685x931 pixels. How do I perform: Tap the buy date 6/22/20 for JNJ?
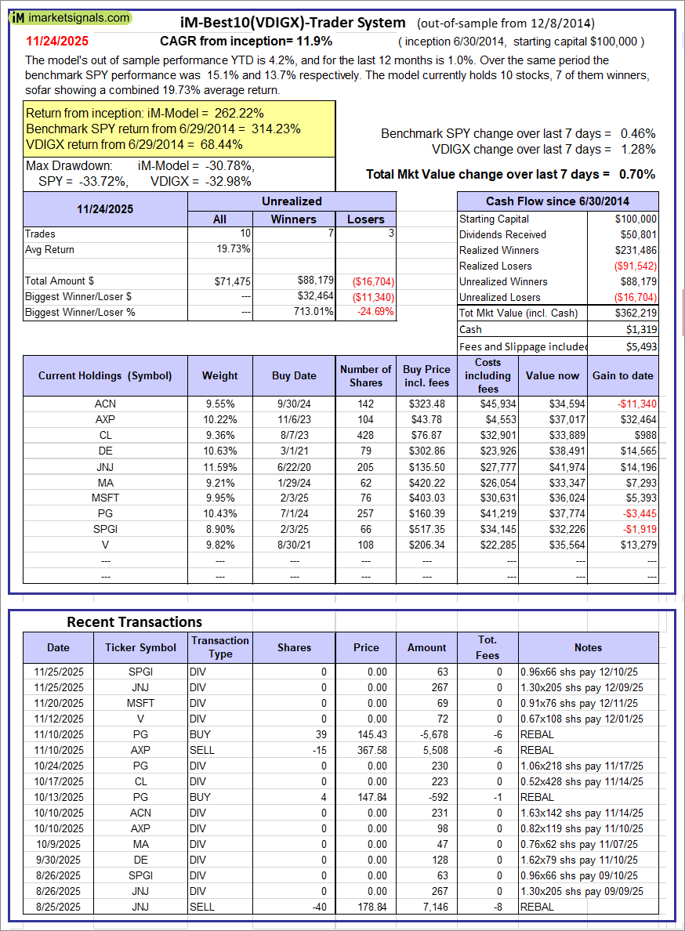[294, 466]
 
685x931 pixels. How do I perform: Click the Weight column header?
[219, 375]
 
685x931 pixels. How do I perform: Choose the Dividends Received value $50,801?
[638, 234]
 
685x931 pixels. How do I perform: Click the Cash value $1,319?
[642, 330]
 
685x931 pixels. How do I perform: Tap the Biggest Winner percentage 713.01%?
[311, 312]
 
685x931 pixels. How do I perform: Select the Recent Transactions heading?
[134, 621]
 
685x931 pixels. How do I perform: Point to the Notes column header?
[588, 647]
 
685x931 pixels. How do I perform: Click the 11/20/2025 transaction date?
[58, 703]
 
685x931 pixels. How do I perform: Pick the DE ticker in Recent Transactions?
[140, 860]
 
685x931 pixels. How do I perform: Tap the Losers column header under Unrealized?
[366, 219]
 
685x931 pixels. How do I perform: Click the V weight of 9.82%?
[219, 545]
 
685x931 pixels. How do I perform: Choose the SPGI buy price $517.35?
[427, 529]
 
